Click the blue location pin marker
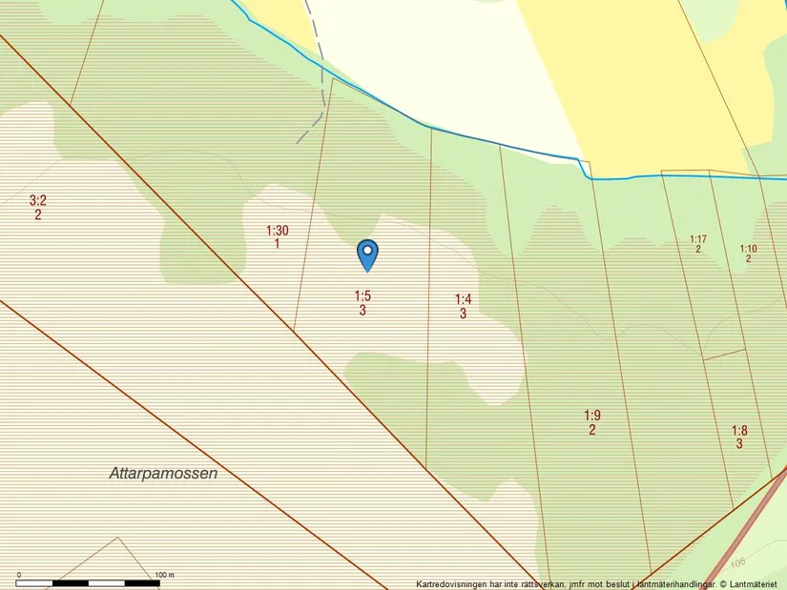click(367, 254)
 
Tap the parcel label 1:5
click(362, 296)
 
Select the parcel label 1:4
click(463, 299)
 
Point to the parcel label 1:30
click(277, 231)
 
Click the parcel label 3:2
click(38, 200)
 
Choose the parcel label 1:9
click(592, 416)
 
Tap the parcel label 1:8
click(739, 431)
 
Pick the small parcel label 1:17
click(698, 238)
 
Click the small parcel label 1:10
click(749, 249)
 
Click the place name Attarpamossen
click(163, 474)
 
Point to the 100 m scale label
click(164, 575)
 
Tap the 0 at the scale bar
click(19, 575)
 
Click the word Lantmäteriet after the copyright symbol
click(756, 584)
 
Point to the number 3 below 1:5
click(363, 311)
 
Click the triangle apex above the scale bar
click(118, 538)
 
